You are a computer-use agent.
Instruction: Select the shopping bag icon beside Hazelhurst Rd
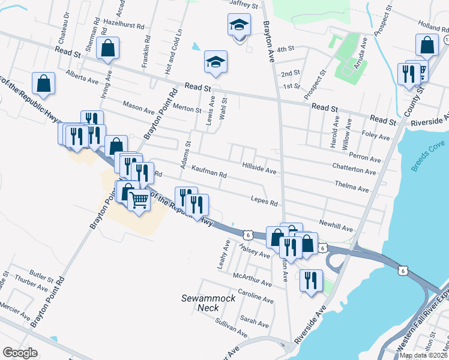point(107,48)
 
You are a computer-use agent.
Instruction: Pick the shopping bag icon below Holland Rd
point(426,44)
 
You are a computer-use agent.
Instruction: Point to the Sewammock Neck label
point(203,302)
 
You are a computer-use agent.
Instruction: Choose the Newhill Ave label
point(336,225)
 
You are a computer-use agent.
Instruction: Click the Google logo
point(20,352)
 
